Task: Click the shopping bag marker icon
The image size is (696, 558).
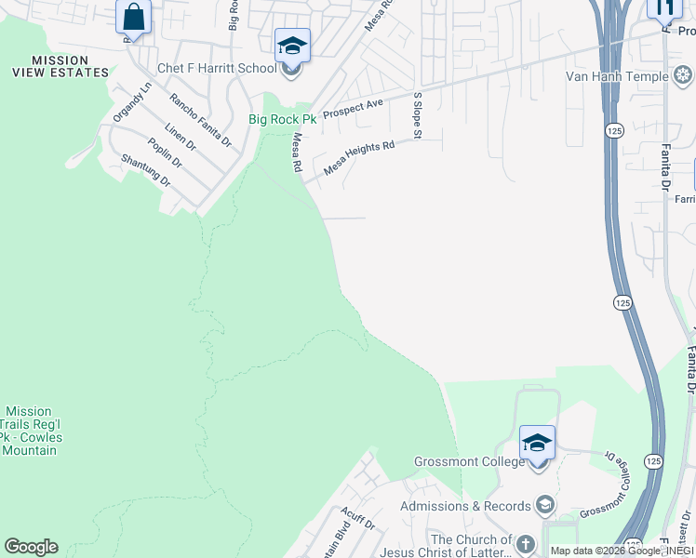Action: [133, 17]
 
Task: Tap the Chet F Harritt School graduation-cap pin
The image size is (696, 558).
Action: [291, 45]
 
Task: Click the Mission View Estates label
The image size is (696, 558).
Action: [60, 65]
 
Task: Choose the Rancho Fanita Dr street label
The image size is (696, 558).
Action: [200, 120]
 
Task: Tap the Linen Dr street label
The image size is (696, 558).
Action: [180, 138]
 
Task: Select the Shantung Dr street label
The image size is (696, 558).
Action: [146, 170]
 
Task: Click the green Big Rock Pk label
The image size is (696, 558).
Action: [282, 119]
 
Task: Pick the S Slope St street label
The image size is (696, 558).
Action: [418, 116]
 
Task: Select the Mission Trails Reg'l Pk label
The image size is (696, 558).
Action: [30, 430]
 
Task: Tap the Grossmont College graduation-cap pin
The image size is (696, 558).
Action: [537, 443]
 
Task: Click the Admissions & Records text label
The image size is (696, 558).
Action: [465, 506]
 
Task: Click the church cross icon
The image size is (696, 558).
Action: [526, 544]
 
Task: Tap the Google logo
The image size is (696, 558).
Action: [31, 547]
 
